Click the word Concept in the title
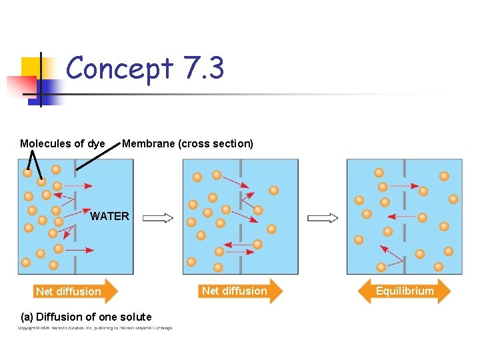point(119,68)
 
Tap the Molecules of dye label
point(62,143)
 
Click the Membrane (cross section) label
point(187,143)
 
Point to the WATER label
point(109,216)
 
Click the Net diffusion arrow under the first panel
point(75,291)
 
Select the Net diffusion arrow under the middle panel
point(241,291)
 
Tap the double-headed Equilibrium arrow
point(404,291)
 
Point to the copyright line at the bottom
point(95,328)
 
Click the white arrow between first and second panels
point(158,218)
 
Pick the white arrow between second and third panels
point(323,218)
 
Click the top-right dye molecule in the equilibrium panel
point(444,176)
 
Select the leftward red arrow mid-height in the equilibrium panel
point(401,216)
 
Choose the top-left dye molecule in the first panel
point(27,173)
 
